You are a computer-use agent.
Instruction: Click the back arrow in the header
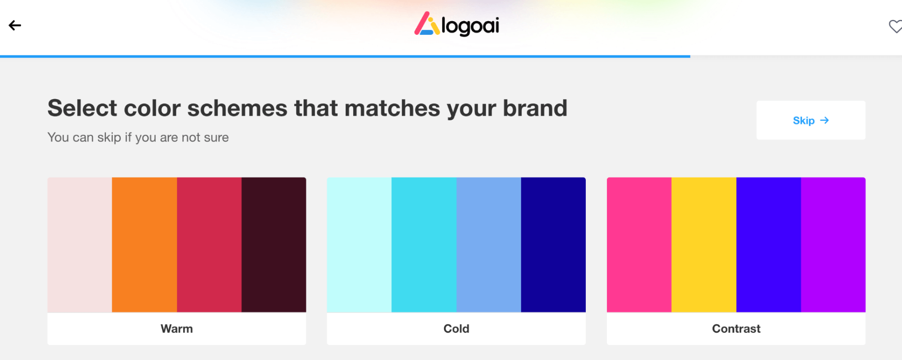pyautogui.click(x=15, y=25)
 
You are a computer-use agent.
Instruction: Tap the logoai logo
pyautogui.click(x=456, y=24)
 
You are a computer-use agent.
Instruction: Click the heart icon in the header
pyautogui.click(x=895, y=26)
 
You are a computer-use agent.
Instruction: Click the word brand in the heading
pyautogui.click(x=535, y=108)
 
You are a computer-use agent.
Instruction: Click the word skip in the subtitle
pyautogui.click(x=109, y=137)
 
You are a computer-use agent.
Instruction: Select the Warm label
pyautogui.click(x=177, y=329)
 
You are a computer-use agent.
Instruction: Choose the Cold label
pyautogui.click(x=456, y=329)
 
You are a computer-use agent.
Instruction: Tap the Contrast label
pyautogui.click(x=736, y=329)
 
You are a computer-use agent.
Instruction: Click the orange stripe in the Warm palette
pyautogui.click(x=144, y=244)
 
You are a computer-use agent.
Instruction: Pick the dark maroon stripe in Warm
pyautogui.click(x=274, y=244)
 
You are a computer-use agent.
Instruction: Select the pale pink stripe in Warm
pyautogui.click(x=80, y=244)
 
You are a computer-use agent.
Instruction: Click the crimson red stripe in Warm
pyautogui.click(x=209, y=244)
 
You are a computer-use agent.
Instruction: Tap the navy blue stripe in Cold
pyautogui.click(x=553, y=244)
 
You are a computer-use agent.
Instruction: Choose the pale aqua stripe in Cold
pyautogui.click(x=359, y=244)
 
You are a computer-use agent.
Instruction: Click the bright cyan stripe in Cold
pyautogui.click(x=424, y=244)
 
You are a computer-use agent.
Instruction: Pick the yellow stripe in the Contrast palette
pyautogui.click(x=704, y=244)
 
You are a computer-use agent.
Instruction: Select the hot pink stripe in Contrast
pyautogui.click(x=639, y=244)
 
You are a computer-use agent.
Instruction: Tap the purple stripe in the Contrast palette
pyautogui.click(x=833, y=244)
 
